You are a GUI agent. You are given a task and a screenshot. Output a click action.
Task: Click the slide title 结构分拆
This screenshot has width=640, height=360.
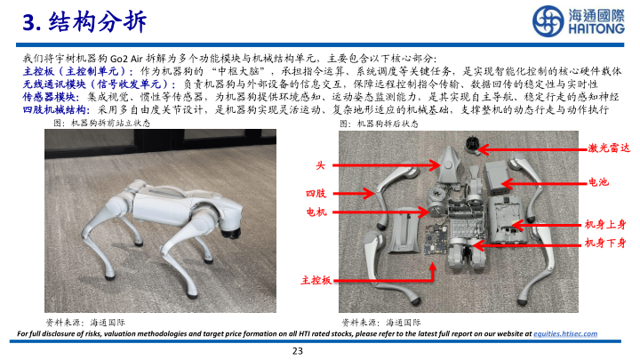point(97,21)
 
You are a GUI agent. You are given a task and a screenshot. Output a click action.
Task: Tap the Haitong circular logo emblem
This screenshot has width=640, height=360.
point(548,20)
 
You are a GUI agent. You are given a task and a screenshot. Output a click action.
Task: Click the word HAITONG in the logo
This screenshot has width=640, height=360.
point(596,28)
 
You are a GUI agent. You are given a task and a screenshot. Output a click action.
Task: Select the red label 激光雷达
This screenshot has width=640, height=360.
point(609,148)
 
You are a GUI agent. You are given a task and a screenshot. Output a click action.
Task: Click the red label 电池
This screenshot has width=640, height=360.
point(598,182)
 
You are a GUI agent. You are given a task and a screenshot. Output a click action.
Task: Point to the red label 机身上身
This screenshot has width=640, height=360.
point(605,224)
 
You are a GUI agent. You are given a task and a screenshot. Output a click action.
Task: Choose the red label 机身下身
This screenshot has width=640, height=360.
point(605,243)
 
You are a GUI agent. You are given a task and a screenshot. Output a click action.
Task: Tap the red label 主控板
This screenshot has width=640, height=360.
point(316,280)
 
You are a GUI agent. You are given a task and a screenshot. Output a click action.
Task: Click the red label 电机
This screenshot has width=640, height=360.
point(316,212)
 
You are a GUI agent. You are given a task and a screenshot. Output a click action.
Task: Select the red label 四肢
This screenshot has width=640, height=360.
point(316,193)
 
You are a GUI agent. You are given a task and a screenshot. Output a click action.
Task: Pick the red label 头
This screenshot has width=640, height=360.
point(320,165)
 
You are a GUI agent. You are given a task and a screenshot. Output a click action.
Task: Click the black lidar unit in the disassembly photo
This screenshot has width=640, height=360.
point(473,146)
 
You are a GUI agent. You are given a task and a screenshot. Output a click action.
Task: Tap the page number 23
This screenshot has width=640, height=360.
point(298,350)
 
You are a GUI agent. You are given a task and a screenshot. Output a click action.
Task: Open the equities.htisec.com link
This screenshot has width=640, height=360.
point(565,334)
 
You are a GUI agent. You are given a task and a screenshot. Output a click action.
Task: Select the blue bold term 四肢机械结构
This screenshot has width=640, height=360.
point(55,109)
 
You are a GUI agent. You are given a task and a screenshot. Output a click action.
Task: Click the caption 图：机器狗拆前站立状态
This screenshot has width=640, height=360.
point(102,123)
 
